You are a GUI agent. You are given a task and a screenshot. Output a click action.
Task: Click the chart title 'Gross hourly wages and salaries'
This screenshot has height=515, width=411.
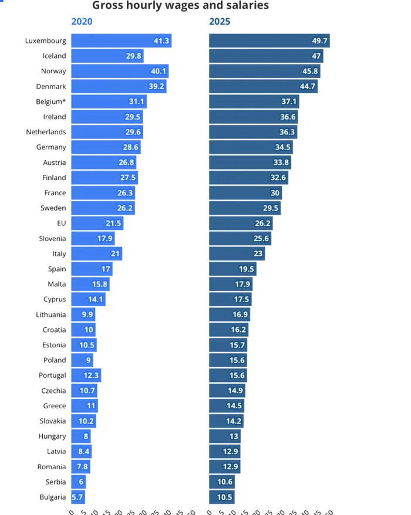click(x=180, y=6)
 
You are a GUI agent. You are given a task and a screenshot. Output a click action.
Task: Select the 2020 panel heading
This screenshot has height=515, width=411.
click(x=82, y=22)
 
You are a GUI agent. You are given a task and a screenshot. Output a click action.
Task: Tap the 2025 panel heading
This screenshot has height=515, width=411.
click(x=220, y=22)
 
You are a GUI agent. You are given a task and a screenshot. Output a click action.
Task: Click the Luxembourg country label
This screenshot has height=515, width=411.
click(x=45, y=40)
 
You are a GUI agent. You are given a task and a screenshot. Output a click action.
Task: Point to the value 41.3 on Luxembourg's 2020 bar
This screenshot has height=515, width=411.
click(x=161, y=40)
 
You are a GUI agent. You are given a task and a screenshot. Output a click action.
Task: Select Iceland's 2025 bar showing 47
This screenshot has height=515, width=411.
click(x=266, y=56)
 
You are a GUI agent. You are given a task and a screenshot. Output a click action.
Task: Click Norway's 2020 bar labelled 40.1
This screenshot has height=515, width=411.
click(x=120, y=71)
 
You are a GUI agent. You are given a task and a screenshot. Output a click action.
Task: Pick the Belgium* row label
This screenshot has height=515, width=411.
click(x=51, y=101)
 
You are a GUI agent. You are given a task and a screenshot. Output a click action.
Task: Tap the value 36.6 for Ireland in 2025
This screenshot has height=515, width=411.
click(x=288, y=117)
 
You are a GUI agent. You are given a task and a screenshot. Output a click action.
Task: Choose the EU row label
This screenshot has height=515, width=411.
click(x=61, y=223)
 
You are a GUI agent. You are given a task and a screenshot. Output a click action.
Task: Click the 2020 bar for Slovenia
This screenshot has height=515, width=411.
click(x=93, y=238)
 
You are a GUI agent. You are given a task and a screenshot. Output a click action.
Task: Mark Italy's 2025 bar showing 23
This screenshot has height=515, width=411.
click(x=237, y=253)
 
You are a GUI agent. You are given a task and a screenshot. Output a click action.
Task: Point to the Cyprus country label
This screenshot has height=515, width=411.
click(x=55, y=299)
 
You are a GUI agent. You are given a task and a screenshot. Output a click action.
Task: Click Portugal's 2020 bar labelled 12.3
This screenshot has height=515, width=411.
click(x=86, y=375)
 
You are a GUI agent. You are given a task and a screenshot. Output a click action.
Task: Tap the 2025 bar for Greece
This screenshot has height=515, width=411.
click(x=226, y=406)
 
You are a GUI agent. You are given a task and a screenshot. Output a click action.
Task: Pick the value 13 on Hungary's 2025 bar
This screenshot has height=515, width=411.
click(x=234, y=436)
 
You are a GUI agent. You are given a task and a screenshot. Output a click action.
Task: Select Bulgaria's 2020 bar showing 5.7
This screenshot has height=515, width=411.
click(x=78, y=497)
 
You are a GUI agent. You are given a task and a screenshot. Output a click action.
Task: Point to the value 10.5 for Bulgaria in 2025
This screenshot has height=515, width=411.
click(x=225, y=497)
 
